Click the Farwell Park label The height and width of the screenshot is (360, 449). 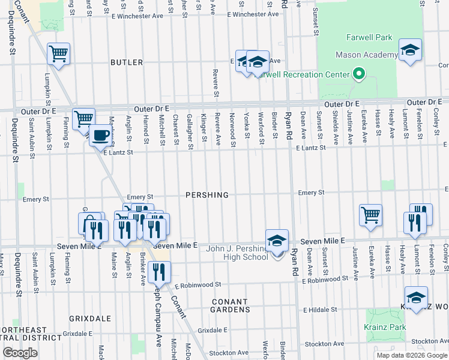point(369,37)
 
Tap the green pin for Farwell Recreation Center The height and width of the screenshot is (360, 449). point(359,75)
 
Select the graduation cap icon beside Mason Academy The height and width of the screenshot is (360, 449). point(411,51)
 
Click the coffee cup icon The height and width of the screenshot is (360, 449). point(101,135)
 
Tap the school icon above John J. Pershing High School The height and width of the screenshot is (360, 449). point(277,241)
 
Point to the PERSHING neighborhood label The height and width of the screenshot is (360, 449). point(207,195)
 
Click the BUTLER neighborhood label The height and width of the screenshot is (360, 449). point(127,62)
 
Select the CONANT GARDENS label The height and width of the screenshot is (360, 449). point(230,305)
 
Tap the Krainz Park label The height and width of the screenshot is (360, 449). point(385,327)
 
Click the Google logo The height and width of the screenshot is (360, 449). point(20,352)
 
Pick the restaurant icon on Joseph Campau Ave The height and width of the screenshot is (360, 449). point(158,272)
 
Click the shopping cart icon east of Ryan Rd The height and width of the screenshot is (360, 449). point(371,215)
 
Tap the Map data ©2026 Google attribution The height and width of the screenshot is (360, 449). point(412,355)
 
